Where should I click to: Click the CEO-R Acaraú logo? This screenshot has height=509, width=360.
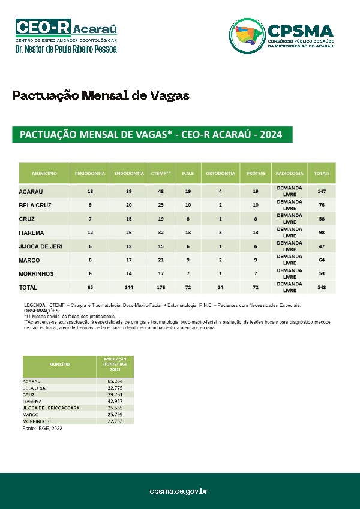(66, 35)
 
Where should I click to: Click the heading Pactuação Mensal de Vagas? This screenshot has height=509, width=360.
(101, 95)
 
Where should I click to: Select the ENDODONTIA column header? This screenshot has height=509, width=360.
(129, 173)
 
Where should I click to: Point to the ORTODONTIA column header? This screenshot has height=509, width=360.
(220, 173)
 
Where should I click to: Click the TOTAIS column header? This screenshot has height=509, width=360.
(322, 173)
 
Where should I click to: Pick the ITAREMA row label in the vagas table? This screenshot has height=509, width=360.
(31, 232)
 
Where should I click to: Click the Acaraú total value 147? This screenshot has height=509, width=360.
(322, 191)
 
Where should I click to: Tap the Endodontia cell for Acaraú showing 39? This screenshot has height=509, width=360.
(129, 191)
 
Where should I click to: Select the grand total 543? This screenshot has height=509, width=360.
(322, 288)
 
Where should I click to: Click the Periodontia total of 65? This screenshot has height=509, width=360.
(89, 288)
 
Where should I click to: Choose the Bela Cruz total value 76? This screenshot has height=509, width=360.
(322, 205)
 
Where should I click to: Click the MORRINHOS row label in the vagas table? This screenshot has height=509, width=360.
(36, 274)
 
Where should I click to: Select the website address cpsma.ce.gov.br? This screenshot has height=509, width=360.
(179, 492)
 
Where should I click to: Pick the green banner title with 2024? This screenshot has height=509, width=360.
(152, 134)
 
